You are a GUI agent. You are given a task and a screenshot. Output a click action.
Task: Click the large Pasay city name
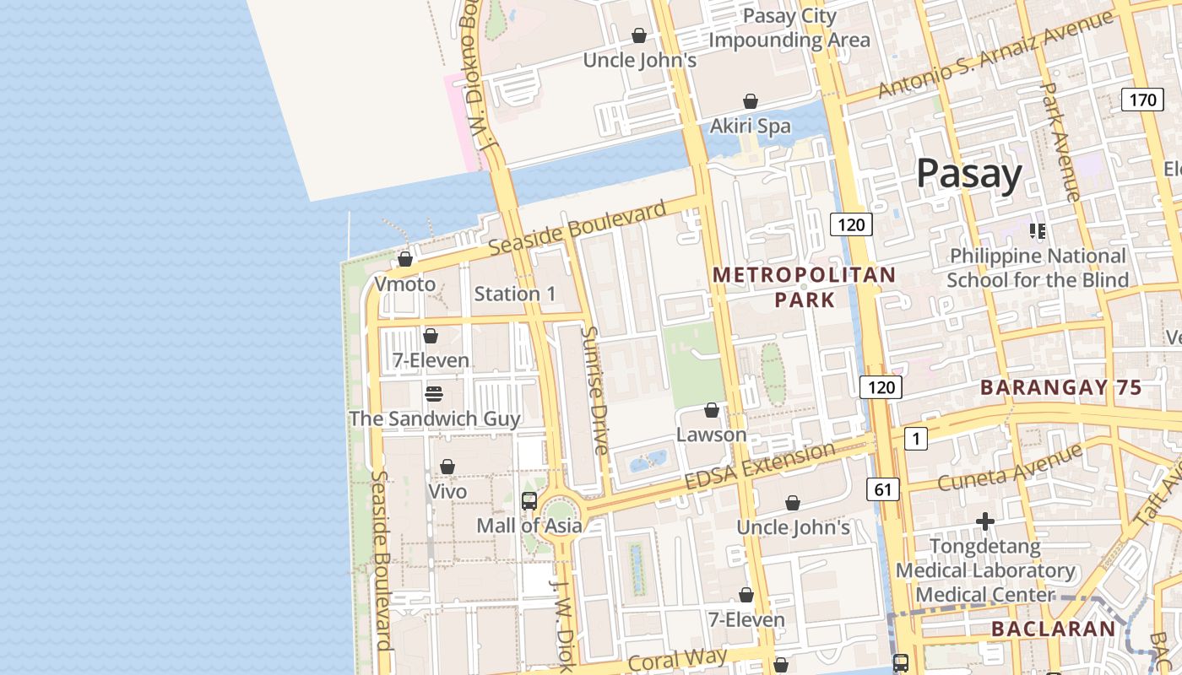tap(969, 173)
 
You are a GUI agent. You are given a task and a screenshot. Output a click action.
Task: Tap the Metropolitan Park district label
tap(805, 287)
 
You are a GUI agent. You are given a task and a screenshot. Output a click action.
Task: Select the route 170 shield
tap(1142, 100)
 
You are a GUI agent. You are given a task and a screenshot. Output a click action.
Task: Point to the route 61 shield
tap(882, 489)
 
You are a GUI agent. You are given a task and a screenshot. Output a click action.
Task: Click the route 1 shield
tap(915, 439)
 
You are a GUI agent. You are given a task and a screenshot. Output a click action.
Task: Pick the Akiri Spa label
tap(750, 127)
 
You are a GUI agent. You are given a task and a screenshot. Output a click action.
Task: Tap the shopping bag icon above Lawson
tap(712, 410)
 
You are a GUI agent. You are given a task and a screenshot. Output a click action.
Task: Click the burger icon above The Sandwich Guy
tap(434, 394)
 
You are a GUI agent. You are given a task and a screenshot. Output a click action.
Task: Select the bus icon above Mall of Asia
tap(529, 501)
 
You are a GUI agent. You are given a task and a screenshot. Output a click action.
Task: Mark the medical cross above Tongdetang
tap(984, 522)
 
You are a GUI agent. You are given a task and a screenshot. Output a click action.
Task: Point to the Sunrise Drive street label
tap(594, 390)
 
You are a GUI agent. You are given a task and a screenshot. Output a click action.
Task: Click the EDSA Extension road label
tap(760, 467)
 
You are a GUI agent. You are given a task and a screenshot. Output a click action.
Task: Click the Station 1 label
tap(515, 294)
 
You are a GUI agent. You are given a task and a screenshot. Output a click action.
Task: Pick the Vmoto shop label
tap(405, 283)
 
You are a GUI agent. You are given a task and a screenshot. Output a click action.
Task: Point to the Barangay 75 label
tap(1060, 388)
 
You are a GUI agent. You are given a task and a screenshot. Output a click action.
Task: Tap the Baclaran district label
tap(1053, 629)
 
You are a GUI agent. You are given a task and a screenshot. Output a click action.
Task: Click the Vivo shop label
tap(447, 491)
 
